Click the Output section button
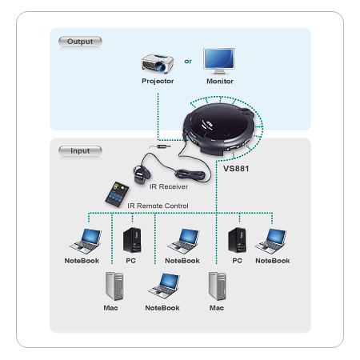tap(80, 42)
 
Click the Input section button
tap(80, 151)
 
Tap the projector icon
tap(158, 64)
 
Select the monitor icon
tap(219, 62)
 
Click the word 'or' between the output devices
tap(188, 62)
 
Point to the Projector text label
tap(158, 81)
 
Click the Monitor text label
tap(220, 82)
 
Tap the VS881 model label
tap(236, 169)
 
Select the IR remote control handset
tap(117, 194)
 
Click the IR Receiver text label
tap(169, 186)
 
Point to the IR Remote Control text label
tap(158, 206)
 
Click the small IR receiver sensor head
tap(141, 174)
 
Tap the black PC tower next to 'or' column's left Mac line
tap(132, 240)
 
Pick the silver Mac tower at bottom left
tap(114, 286)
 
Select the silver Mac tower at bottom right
tap(218, 286)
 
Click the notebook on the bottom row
tap(164, 286)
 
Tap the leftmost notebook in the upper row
tap(86, 242)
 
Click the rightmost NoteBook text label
tap(273, 261)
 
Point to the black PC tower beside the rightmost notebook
tap(237, 240)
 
